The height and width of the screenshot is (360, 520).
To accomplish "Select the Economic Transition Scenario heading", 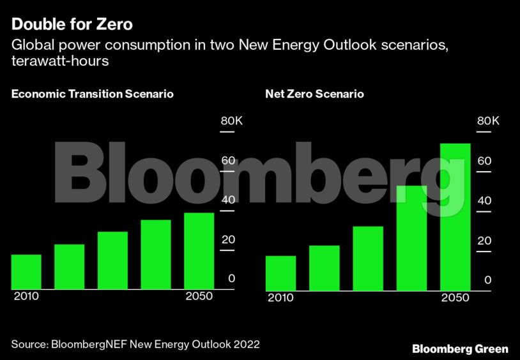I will coord(93,94).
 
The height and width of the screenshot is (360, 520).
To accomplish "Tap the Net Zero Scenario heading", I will coord(314,94).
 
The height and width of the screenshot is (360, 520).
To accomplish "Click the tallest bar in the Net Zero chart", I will coord(455,217).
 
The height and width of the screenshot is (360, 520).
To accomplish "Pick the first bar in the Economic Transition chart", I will coord(26,272).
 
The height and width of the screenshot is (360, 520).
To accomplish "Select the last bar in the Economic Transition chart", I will coord(199,251).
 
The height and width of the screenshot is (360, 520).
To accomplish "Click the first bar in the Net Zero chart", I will coord(280,273).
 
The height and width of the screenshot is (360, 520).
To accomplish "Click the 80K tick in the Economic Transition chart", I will coord(231,121).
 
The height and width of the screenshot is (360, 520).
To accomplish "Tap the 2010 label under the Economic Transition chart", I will coord(26,297).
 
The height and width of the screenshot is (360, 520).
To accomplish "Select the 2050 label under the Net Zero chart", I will coord(455,298).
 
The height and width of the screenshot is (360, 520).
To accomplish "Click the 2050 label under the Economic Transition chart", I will coord(199,297).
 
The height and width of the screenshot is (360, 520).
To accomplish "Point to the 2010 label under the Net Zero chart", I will coord(280,298).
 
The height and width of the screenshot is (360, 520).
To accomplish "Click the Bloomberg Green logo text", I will coord(460,349).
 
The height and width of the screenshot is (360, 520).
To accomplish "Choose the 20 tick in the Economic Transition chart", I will coord(228,239).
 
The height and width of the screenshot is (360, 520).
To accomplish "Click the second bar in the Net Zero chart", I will coord(324,268).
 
